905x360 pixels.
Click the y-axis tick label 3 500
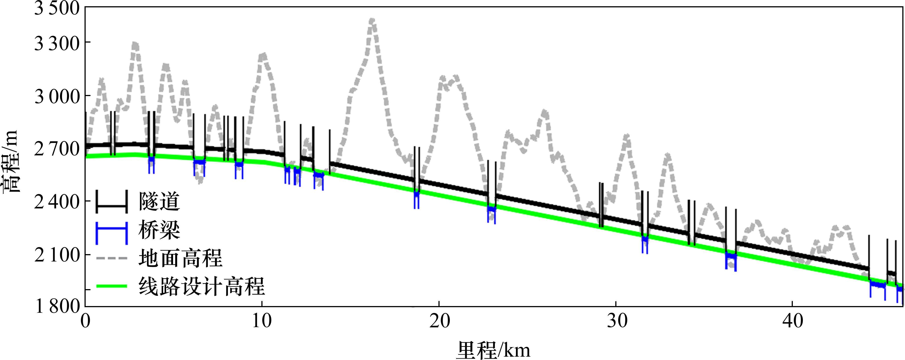57,8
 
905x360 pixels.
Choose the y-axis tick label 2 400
57,202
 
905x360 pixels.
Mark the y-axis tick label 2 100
57,255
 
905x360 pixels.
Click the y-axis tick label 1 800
57,306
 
